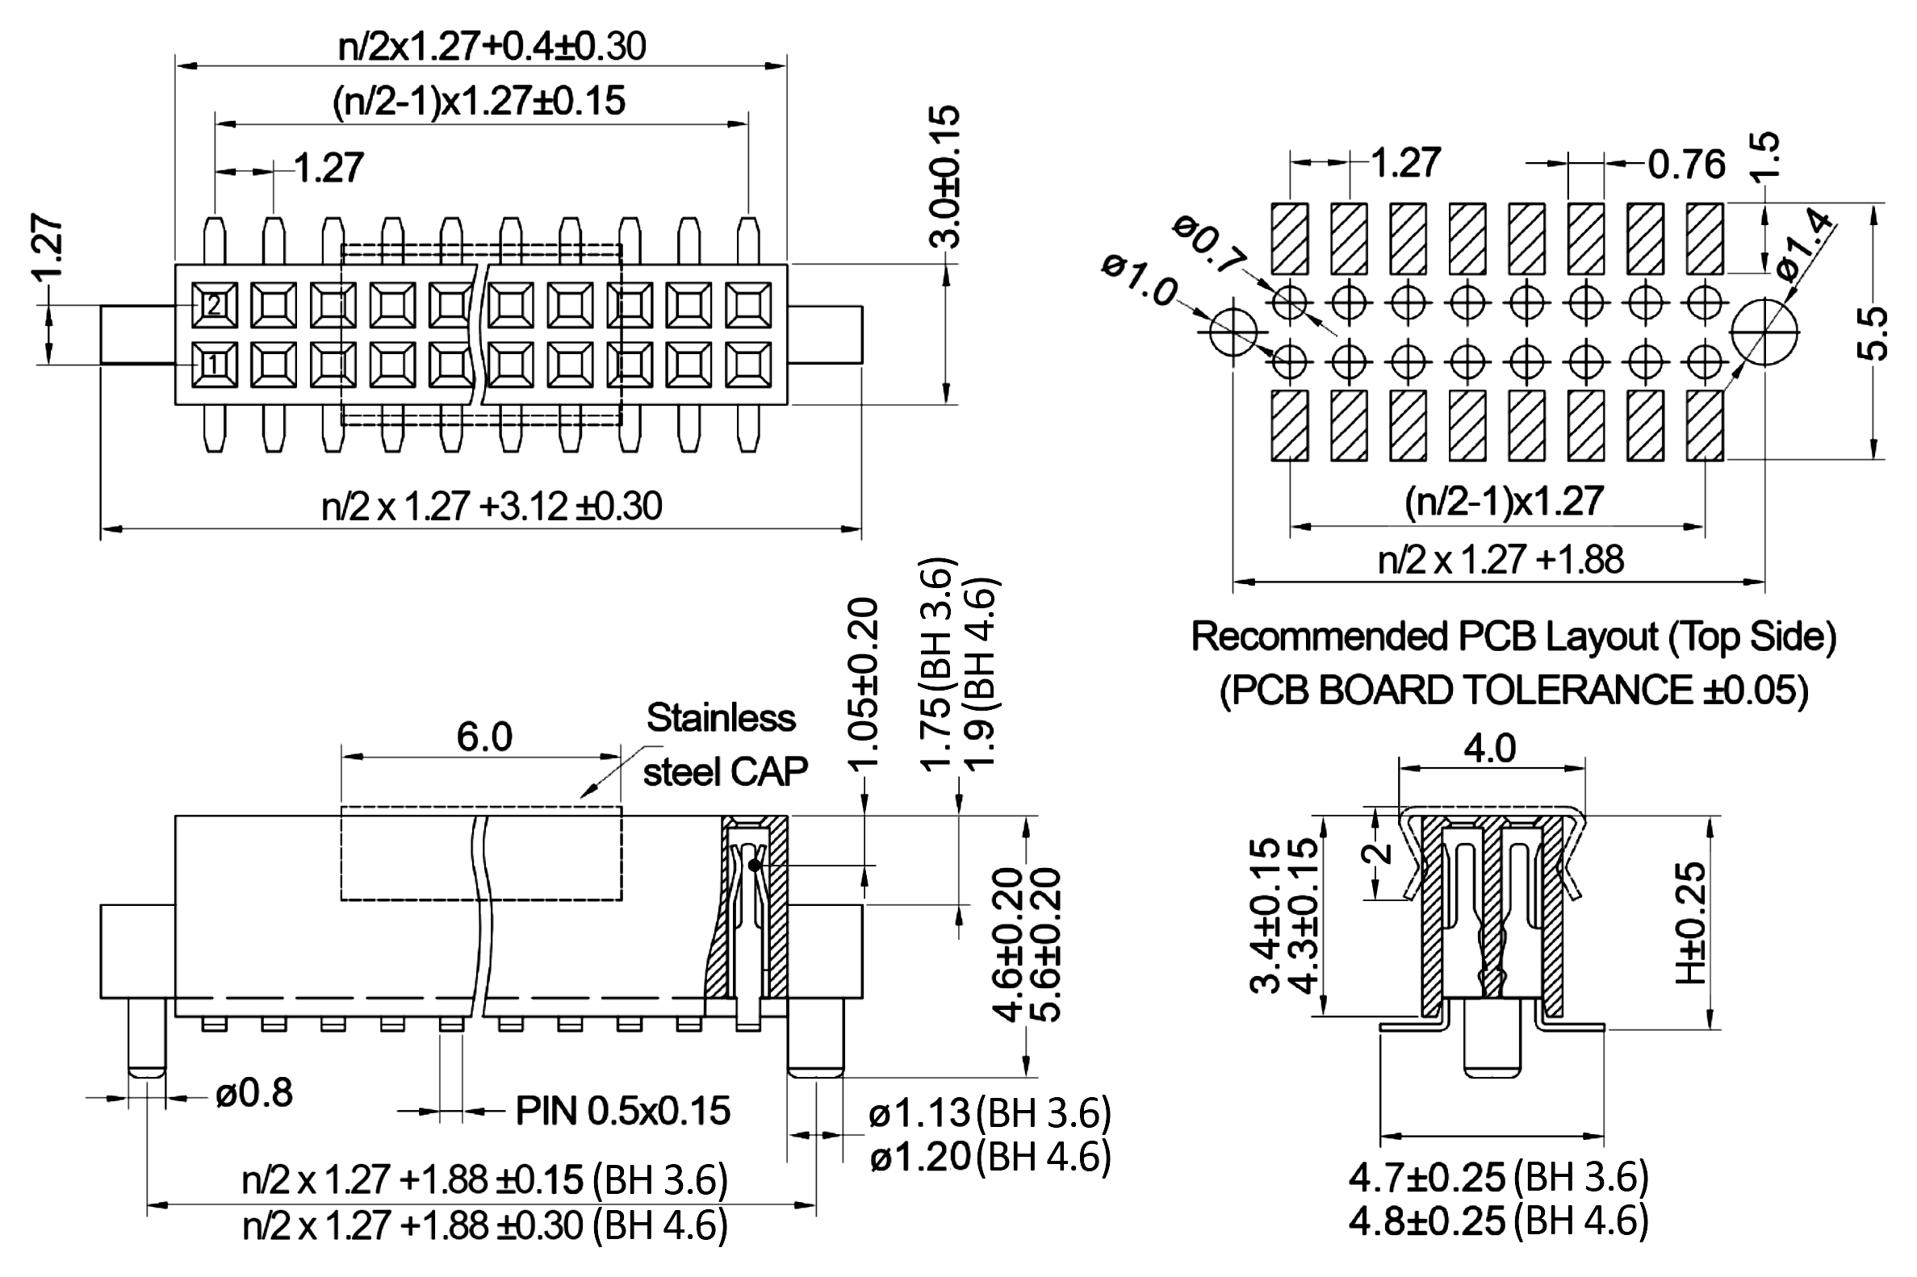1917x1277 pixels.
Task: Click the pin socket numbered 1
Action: click(213, 364)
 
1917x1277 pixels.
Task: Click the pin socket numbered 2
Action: click(213, 306)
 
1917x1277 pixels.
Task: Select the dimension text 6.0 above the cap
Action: click(484, 737)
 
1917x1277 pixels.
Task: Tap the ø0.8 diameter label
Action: click(254, 1093)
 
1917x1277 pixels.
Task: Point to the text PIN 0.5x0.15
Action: click(623, 1111)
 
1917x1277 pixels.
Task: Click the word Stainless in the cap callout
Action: click(720, 718)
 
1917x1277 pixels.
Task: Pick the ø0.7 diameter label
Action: click(1210, 242)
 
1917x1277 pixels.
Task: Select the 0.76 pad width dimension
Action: click(1686, 165)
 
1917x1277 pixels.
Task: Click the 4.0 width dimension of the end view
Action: click(1490, 748)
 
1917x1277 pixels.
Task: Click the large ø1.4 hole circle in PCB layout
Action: click(1764, 332)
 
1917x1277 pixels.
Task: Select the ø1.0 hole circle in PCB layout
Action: click(1233, 332)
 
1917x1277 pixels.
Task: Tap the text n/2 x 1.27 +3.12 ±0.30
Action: click(492, 507)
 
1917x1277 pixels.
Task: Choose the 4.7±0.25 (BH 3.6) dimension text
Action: click(1497, 1178)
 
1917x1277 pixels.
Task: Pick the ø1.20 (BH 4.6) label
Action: click(989, 1157)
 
